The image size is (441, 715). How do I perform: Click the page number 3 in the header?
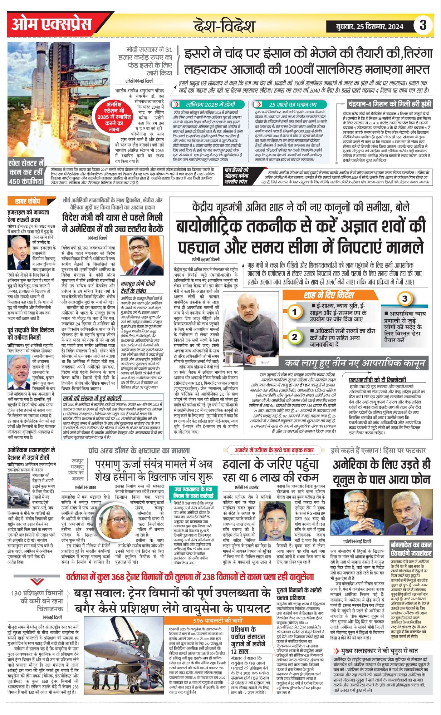pos(423,25)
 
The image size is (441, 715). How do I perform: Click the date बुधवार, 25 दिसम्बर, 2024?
pos(370,26)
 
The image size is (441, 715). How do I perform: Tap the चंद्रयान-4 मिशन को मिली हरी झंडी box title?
pos(389,104)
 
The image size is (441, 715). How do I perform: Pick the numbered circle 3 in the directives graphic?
pos(405,299)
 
